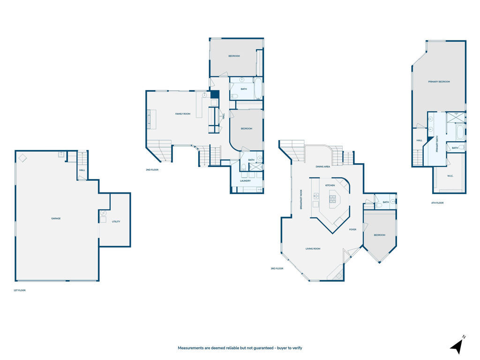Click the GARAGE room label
[x=56, y=218]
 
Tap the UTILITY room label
[x=116, y=221]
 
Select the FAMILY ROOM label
[x=183, y=114]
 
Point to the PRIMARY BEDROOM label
[x=439, y=82]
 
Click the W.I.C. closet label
[x=450, y=176]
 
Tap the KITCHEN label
[x=330, y=185]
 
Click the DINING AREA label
[x=323, y=166]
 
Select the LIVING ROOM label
[x=313, y=248]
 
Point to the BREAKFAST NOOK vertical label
[x=301, y=199]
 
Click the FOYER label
[x=353, y=229]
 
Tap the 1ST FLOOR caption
[x=20, y=291]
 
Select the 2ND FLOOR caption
[x=152, y=170]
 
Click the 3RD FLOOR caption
[x=277, y=269]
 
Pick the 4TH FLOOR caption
[x=437, y=203]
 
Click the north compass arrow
[x=457, y=345]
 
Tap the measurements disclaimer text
[x=240, y=348]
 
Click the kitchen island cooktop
[x=332, y=198]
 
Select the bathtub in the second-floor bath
[x=258, y=89]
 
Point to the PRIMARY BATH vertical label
[x=437, y=144]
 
